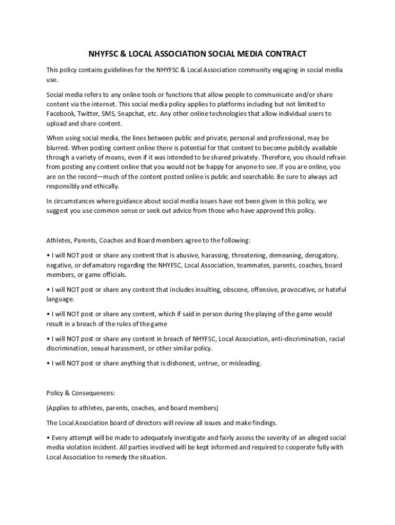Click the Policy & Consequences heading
pos(81,393)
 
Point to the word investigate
pos(187,438)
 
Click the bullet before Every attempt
pos(48,438)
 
